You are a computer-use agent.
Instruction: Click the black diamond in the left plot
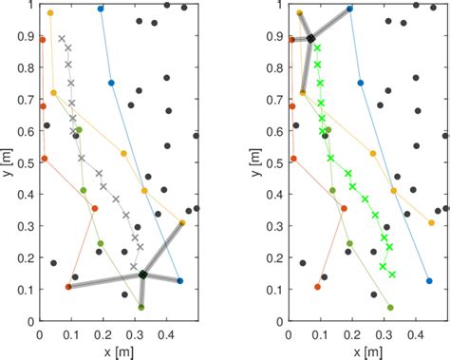point(142,275)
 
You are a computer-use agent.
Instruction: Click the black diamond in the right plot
point(310,38)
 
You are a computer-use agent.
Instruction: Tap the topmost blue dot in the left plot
point(101,9)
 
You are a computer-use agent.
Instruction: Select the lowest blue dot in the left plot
point(179,280)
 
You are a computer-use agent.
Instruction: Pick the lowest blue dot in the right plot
point(429,280)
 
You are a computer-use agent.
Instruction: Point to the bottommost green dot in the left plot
point(141,307)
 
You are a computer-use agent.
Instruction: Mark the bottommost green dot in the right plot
point(390,307)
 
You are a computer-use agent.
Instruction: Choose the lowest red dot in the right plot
point(317,287)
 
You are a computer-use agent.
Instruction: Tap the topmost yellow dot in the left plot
point(50,13)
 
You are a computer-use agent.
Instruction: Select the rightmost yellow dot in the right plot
point(431,223)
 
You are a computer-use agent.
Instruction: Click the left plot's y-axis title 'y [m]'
point(9,162)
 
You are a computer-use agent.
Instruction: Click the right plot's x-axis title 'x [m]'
point(366,351)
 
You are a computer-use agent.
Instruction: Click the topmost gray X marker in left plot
point(62,39)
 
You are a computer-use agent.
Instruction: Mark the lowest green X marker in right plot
point(392,275)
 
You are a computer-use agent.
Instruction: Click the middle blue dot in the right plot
point(360,83)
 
